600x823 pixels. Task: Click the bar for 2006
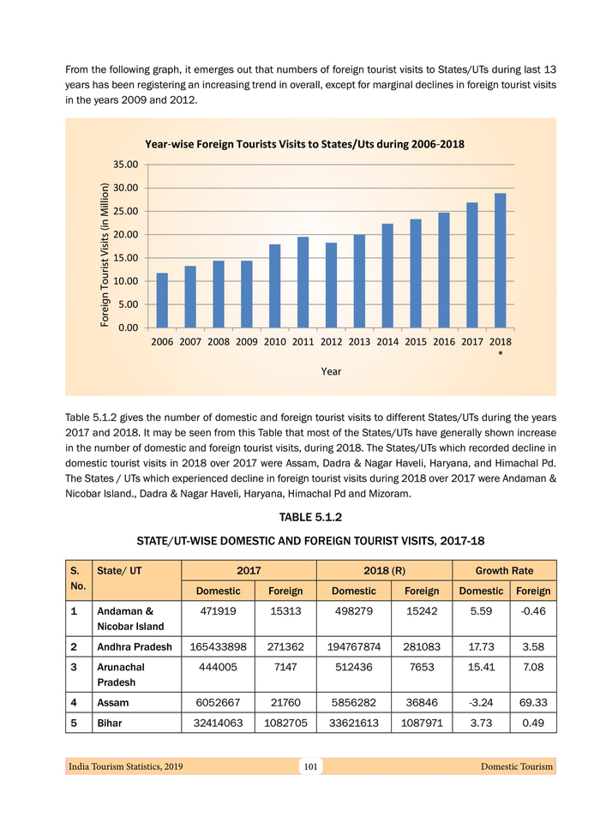point(162,300)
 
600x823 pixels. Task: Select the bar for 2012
point(331,285)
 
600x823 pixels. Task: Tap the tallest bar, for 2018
point(500,261)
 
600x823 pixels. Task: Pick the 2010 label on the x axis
point(274,342)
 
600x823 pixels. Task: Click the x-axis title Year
point(331,371)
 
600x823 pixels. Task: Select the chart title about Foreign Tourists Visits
point(305,144)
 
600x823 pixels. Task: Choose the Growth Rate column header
point(505,570)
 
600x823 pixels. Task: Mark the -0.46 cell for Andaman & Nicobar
point(534,610)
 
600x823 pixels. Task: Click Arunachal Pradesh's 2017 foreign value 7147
point(286,668)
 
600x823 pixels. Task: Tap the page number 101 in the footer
point(310,766)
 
